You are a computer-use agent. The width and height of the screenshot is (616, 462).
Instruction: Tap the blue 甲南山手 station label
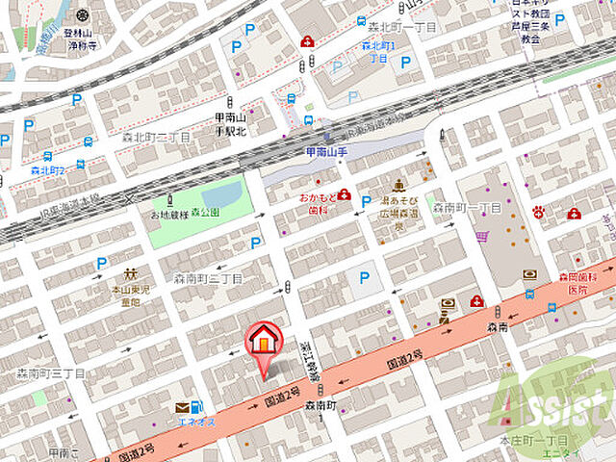click(x=324, y=151)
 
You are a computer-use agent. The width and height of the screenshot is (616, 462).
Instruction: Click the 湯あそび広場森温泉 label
click(x=398, y=205)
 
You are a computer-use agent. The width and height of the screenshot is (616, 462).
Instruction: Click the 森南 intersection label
click(x=498, y=327)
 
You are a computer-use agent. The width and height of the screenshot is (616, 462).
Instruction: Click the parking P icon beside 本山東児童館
click(x=101, y=263)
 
